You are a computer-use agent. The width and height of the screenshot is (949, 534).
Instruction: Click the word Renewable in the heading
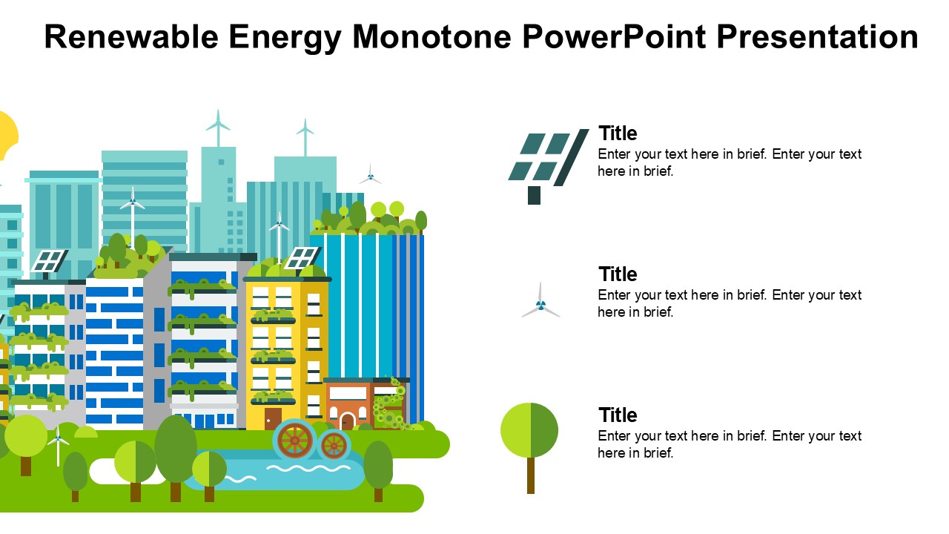tap(131, 37)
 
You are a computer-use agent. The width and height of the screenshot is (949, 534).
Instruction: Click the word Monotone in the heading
tap(432, 37)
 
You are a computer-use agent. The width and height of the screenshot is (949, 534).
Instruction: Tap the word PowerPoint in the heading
tap(615, 37)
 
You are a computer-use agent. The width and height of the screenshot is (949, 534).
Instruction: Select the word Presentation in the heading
tap(818, 37)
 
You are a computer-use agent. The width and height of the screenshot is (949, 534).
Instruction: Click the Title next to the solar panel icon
tap(618, 133)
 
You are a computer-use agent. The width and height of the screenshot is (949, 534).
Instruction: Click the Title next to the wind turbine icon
tap(618, 274)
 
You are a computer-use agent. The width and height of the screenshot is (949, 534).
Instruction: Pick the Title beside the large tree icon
tap(618, 415)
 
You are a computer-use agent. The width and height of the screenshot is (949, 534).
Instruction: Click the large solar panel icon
tap(548, 166)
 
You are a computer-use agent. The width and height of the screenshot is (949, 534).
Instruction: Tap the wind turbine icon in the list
tap(540, 300)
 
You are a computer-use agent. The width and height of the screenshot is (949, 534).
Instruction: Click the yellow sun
tap(7, 136)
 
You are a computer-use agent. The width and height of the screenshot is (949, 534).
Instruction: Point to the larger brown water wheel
tap(295, 441)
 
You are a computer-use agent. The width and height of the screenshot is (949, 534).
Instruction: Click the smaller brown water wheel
tap(334, 445)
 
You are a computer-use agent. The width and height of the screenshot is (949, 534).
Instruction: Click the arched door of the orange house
tap(348, 422)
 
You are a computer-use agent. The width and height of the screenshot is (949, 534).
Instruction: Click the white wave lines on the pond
tap(309, 468)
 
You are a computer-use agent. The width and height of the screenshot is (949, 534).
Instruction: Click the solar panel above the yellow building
tap(302, 258)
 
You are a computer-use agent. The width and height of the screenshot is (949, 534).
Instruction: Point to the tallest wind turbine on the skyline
tap(218, 128)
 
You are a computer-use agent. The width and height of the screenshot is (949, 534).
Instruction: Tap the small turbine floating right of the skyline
tap(370, 175)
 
